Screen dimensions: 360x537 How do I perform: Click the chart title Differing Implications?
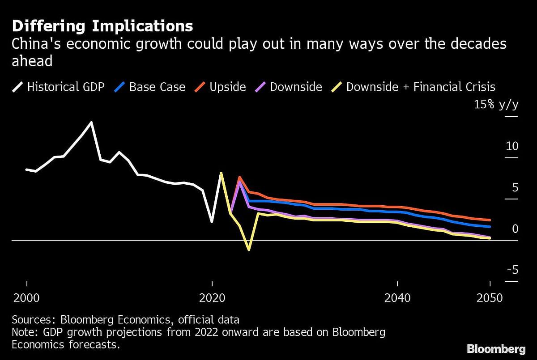point(102,26)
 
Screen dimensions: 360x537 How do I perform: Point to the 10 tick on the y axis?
point(511,146)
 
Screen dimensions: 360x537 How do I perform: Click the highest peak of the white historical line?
point(91,122)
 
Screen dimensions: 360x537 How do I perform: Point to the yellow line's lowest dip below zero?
point(249,250)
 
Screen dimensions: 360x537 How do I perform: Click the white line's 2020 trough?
point(212,222)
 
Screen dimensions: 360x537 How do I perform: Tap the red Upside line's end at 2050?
point(490,220)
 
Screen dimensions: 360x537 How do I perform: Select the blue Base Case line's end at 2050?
point(490,227)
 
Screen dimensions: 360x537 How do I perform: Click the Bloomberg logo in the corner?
point(496,348)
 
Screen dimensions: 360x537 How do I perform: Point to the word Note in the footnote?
point(22,333)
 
